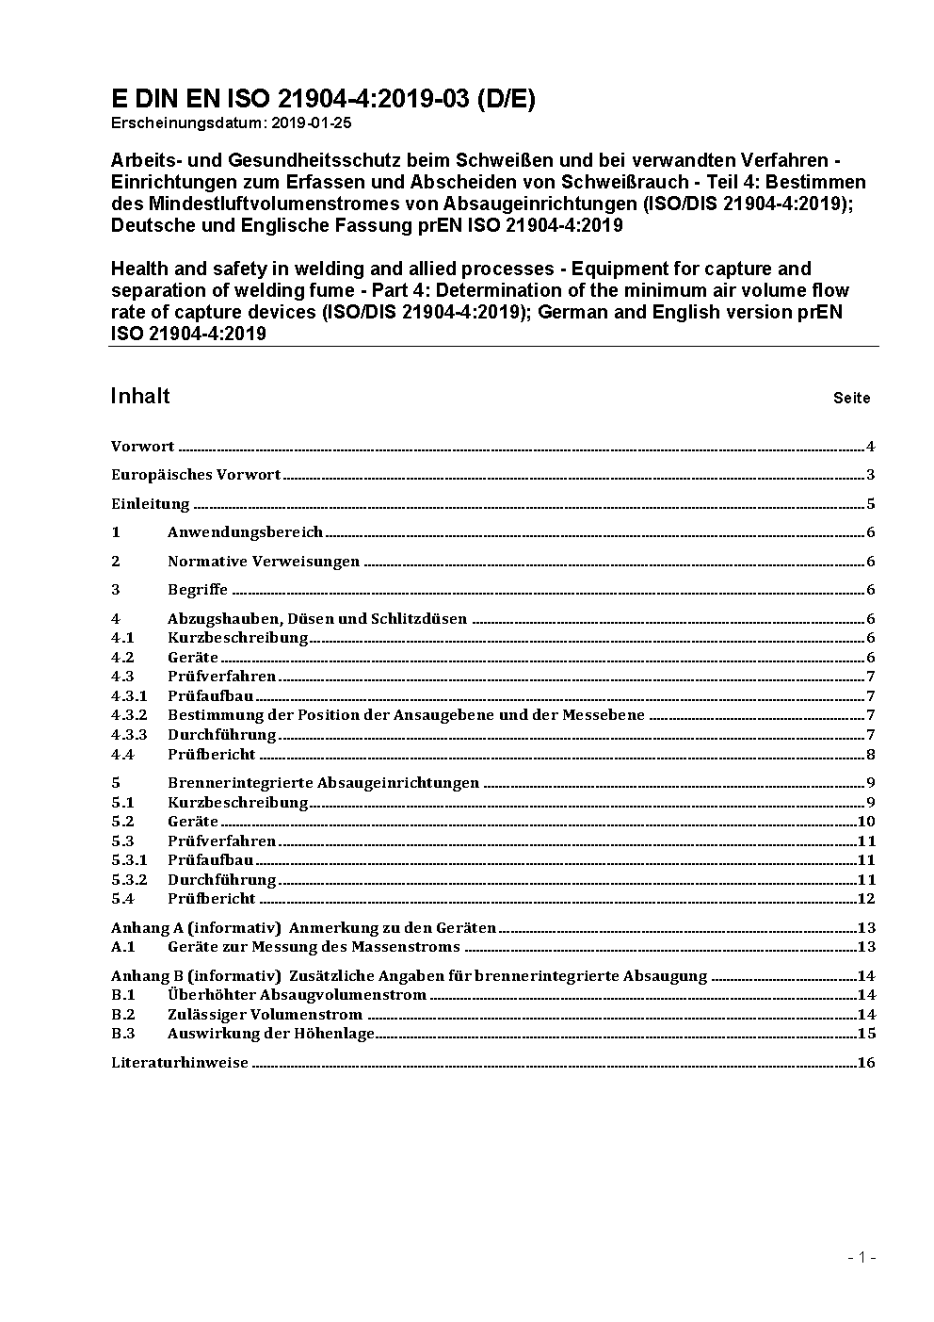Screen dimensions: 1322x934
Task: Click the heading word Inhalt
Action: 140,396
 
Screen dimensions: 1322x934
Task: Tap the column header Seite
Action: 851,398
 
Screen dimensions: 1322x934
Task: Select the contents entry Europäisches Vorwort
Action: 196,475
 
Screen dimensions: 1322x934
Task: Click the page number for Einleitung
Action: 871,504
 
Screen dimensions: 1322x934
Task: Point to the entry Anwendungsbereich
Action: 245,532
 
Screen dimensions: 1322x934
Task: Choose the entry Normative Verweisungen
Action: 264,562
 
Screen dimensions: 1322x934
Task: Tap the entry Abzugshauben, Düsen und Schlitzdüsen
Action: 317,619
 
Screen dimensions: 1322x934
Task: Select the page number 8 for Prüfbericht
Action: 871,754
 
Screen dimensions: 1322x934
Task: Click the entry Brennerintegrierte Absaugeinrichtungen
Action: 323,783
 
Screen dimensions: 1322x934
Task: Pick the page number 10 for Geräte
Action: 866,822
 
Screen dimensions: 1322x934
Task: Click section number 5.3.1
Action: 129,860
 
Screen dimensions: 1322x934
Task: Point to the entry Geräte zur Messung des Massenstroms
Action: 314,947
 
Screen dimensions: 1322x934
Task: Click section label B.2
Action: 123,1015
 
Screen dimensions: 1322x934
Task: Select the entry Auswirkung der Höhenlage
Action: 271,1034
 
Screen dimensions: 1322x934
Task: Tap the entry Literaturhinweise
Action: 180,1063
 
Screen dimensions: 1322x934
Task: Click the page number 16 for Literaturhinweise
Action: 866,1063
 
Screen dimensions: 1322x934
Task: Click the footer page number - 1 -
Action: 862,1257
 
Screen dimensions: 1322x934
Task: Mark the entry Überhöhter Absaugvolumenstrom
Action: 297,995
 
